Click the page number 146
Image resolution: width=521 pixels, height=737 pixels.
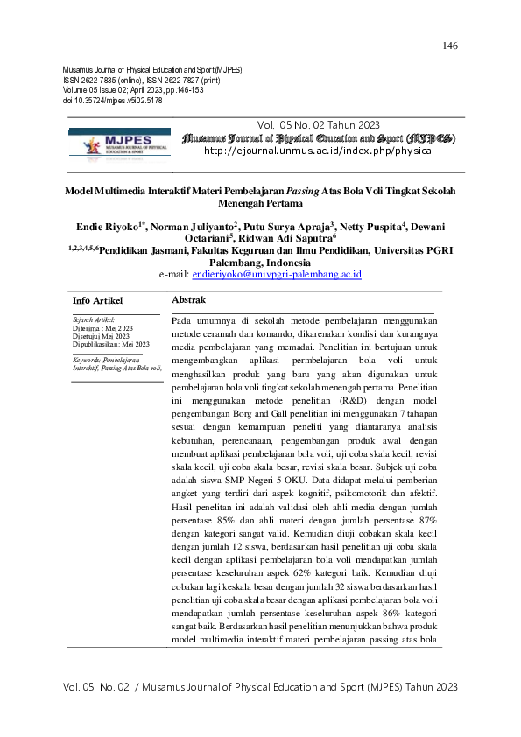coord(451,46)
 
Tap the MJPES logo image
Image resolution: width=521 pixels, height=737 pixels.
coord(115,143)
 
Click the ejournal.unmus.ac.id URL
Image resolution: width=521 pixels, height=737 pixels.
coord(318,151)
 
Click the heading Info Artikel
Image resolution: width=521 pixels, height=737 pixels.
coord(97,300)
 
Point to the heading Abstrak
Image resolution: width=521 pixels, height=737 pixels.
coord(188,300)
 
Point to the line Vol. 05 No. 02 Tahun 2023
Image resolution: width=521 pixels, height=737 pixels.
coord(319,125)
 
